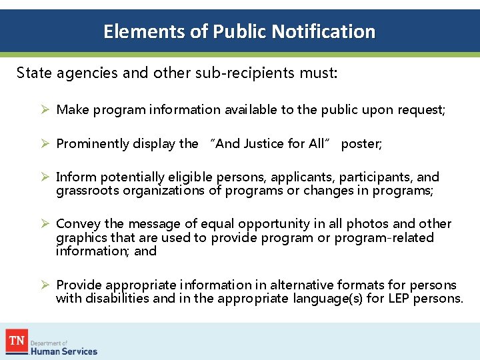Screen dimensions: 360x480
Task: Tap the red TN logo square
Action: [x=17, y=341]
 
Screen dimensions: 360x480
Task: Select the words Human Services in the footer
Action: [x=64, y=351]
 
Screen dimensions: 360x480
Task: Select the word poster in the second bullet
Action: [x=361, y=143]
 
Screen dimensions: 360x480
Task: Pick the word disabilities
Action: [x=117, y=298]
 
